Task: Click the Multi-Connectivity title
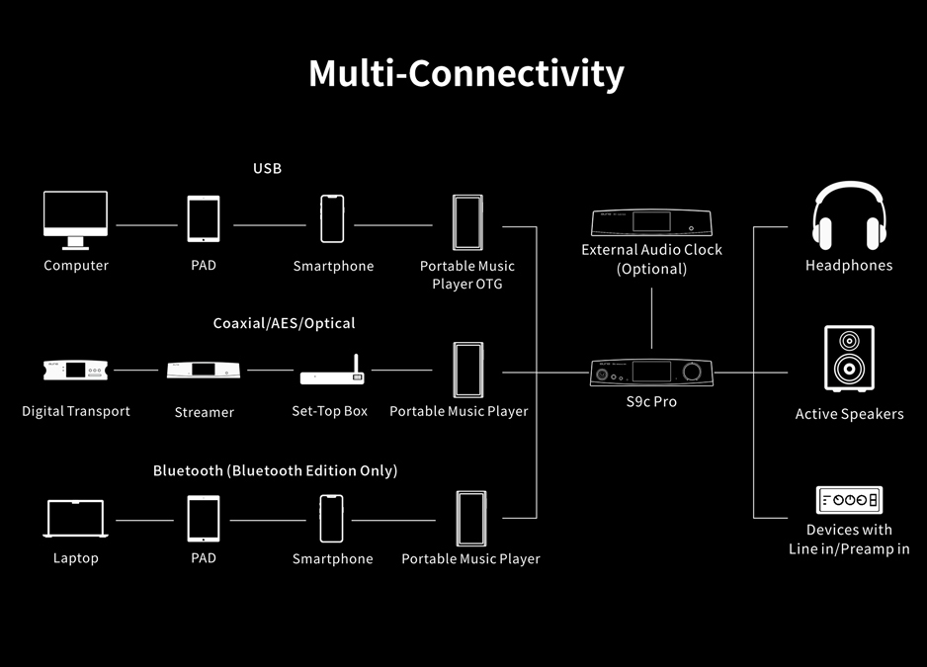click(466, 74)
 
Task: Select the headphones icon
click(849, 215)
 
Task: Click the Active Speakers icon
click(849, 359)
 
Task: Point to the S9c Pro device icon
click(651, 373)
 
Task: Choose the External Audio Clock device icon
click(651, 222)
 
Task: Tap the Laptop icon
click(76, 519)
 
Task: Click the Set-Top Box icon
click(332, 371)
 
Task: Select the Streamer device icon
click(204, 371)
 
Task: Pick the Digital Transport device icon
click(76, 371)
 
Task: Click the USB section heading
click(267, 169)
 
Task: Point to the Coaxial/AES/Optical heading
click(284, 323)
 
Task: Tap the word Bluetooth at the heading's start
click(188, 470)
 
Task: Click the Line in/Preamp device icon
click(849, 500)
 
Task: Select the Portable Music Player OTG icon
click(467, 222)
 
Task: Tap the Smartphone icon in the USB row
click(332, 218)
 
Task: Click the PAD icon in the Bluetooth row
click(204, 519)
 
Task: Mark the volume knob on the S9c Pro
click(692, 372)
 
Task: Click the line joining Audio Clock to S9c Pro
click(651, 318)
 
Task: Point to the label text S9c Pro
click(651, 402)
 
